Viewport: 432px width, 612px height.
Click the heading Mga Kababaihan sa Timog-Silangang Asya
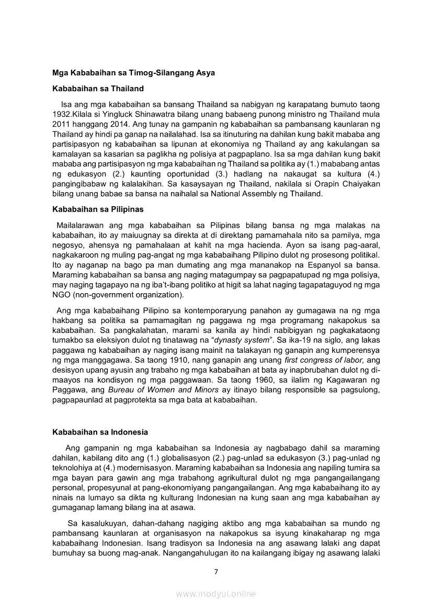133,73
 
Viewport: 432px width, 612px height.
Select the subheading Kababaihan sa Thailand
98,88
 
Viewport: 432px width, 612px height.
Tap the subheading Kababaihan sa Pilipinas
98,209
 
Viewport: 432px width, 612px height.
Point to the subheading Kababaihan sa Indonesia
100,432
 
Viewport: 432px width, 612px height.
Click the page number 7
215,571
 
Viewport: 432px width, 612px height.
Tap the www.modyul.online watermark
215,594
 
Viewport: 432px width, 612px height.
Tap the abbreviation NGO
62,295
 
